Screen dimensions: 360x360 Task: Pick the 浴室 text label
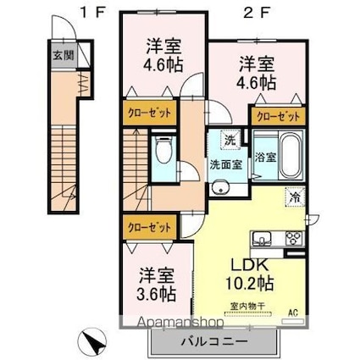264,157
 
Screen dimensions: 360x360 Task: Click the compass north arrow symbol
92,344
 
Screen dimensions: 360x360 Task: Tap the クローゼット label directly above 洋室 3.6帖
147,227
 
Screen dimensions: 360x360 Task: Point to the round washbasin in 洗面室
221,188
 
